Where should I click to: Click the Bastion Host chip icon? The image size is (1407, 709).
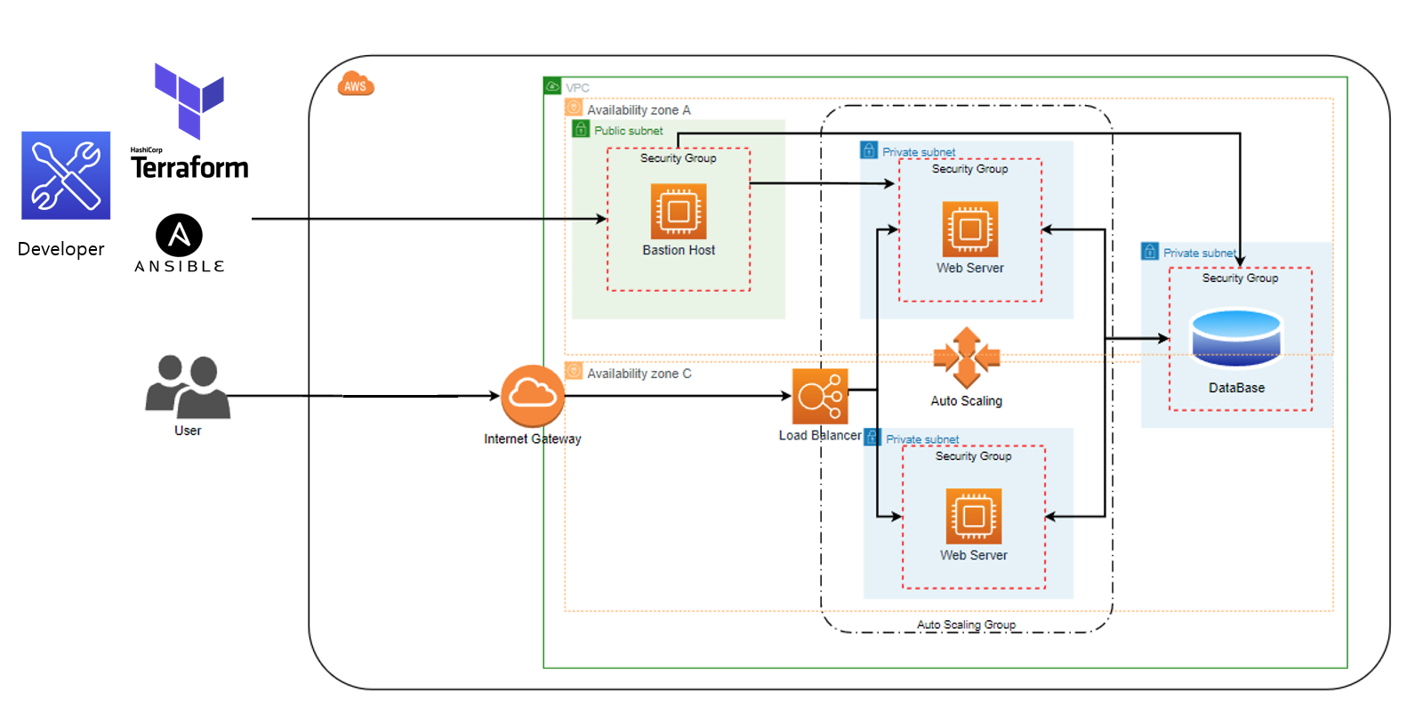[x=679, y=211]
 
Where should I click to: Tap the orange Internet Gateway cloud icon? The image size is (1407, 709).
[x=533, y=396]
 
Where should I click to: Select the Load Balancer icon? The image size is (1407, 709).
[x=820, y=397]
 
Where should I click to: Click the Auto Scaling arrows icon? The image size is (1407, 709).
[x=967, y=358]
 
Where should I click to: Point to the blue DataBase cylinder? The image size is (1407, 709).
[x=1236, y=338]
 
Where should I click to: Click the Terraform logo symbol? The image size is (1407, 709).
[x=189, y=100]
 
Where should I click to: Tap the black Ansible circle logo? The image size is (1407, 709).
[x=180, y=236]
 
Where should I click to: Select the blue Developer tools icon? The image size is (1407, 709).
[x=66, y=175]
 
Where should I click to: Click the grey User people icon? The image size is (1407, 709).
[x=188, y=387]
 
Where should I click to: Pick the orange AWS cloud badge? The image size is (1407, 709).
[x=356, y=85]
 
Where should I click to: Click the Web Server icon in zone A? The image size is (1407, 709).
[x=970, y=229]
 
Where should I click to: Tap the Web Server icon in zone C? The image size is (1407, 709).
[x=974, y=516]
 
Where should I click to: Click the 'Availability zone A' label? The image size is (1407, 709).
[x=639, y=110]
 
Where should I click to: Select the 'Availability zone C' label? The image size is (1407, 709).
[x=639, y=374]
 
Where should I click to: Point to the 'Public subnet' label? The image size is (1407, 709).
[x=628, y=131]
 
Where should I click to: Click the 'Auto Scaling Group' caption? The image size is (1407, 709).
[x=966, y=624]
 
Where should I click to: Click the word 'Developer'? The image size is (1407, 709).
[x=60, y=249]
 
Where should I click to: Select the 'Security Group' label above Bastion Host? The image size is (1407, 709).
[x=678, y=158]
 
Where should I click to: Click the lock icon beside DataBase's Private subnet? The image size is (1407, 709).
[x=1150, y=252]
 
